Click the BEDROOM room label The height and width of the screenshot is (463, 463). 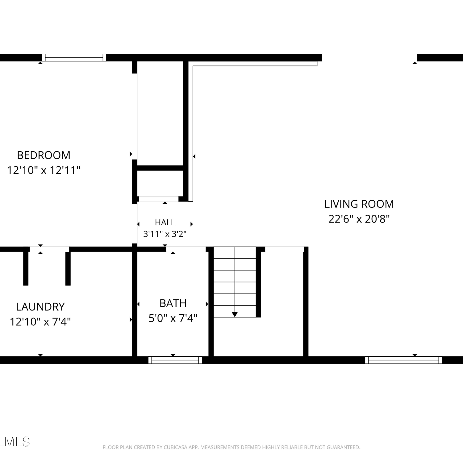click(x=44, y=155)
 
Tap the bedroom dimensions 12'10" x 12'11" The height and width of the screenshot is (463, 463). click(x=44, y=170)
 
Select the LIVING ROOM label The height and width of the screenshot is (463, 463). click(x=359, y=204)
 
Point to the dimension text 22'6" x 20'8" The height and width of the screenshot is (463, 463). click(x=359, y=219)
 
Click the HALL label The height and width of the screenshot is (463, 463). click(x=165, y=222)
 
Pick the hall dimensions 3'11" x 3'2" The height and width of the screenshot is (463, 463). click(x=165, y=234)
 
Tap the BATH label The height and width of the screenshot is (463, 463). click(x=173, y=303)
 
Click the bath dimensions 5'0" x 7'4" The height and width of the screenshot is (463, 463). click(x=173, y=318)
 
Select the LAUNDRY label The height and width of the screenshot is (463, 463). click(x=40, y=307)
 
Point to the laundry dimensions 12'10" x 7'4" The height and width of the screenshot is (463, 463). click(x=40, y=322)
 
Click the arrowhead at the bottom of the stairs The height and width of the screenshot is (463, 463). click(x=235, y=315)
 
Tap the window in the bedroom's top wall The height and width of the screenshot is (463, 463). click(x=74, y=57)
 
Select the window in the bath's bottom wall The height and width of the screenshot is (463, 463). click(x=175, y=360)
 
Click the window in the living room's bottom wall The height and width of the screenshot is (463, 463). click(x=403, y=360)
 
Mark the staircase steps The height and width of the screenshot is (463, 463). click(x=235, y=282)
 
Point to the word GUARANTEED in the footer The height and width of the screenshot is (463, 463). click(x=345, y=447)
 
